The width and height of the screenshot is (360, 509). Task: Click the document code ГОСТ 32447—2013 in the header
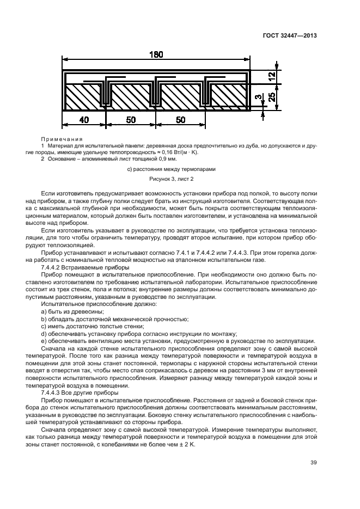coord(292,35)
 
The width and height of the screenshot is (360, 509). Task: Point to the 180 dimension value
coord(156,54)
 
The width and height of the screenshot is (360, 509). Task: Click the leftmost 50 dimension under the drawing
coord(130,120)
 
